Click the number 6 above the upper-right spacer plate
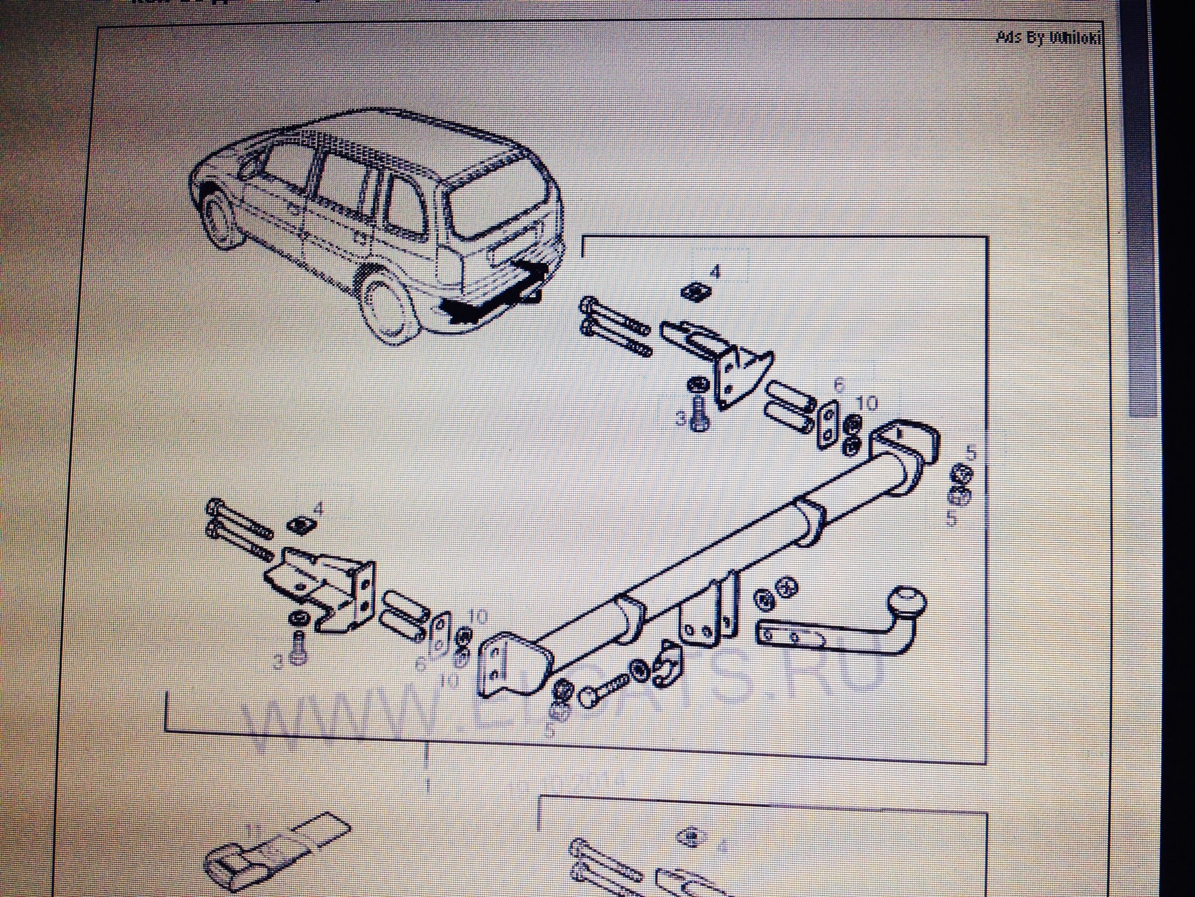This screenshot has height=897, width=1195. click(x=839, y=385)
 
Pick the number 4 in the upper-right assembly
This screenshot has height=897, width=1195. click(x=715, y=272)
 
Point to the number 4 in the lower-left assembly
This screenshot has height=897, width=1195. click(x=318, y=509)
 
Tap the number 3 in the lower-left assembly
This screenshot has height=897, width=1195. click(x=279, y=662)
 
